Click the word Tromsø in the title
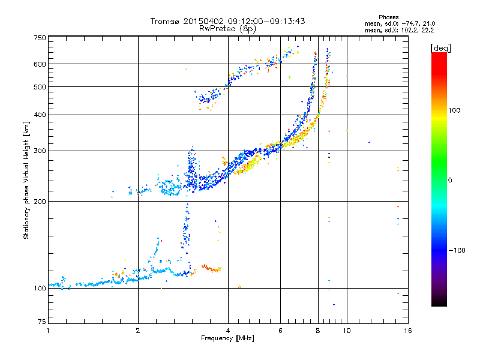tap(165, 21)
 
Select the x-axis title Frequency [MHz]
tap(227, 339)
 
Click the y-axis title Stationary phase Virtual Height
tap(26, 179)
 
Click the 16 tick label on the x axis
tap(407, 331)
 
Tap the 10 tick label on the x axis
tap(347, 331)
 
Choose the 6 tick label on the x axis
tap(280, 331)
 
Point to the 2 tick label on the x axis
tap(138, 331)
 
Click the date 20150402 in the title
tap(201, 21)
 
